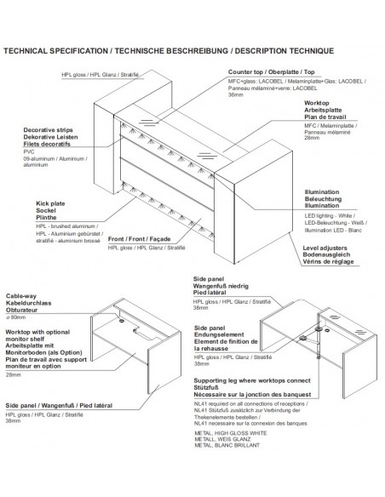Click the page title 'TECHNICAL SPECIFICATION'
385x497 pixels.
point(55,52)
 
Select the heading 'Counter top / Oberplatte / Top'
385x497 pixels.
point(273,73)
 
